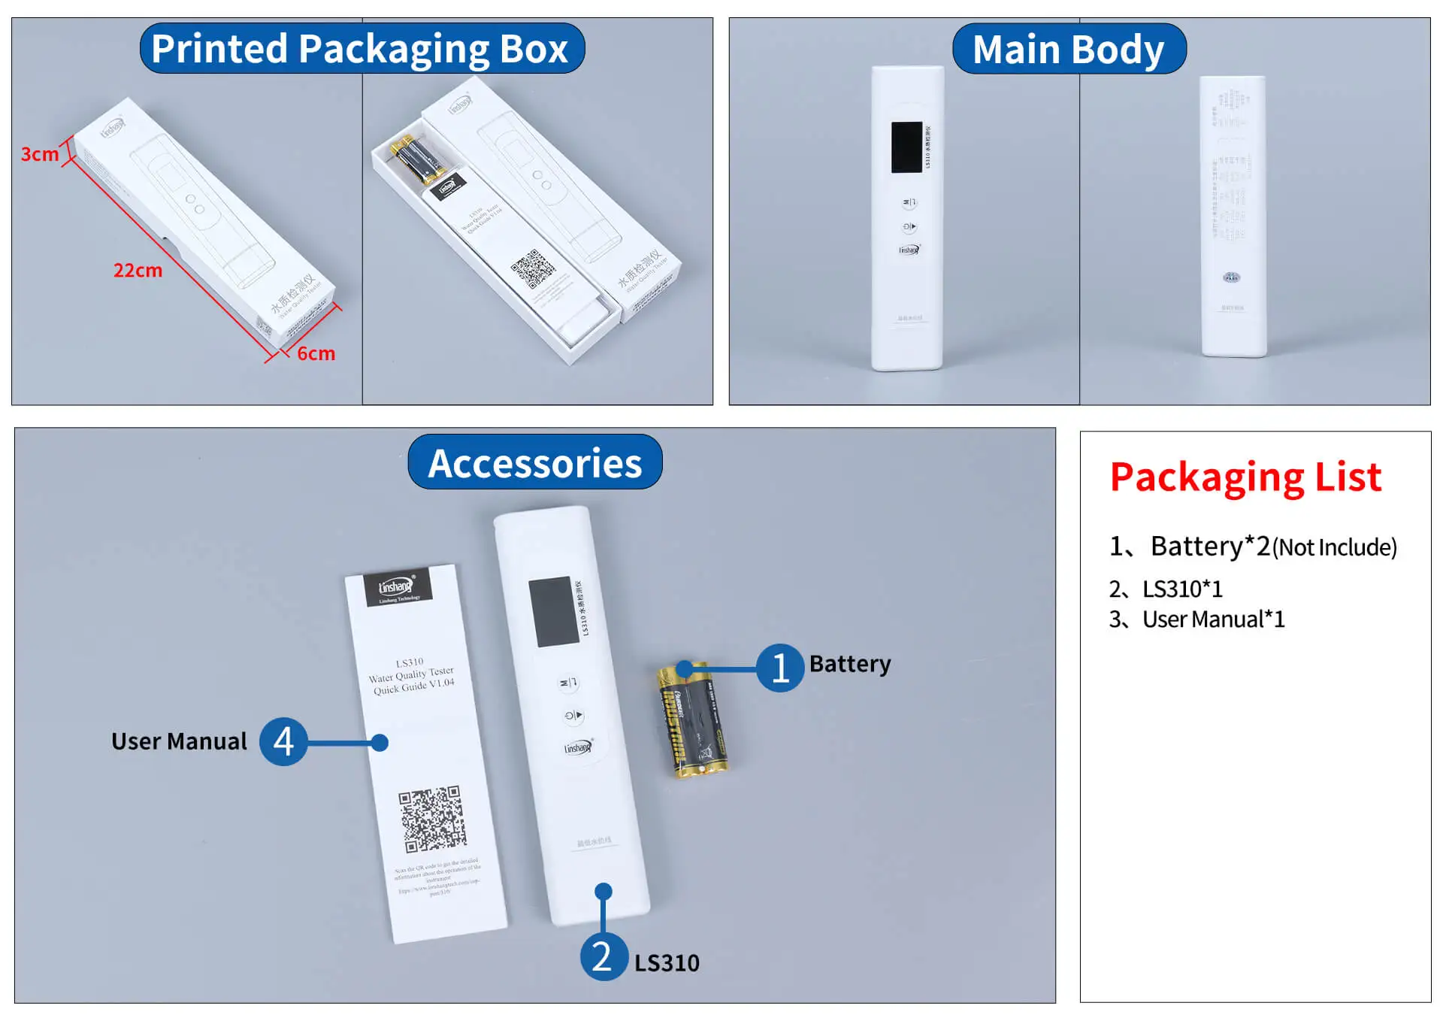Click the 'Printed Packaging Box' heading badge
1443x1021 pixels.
tap(362, 49)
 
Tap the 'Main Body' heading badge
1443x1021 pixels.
tap(1068, 50)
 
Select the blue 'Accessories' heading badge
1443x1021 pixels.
tap(534, 462)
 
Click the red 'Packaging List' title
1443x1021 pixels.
tap(1245, 477)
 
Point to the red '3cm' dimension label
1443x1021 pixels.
tap(39, 154)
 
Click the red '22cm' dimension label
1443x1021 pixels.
tap(138, 270)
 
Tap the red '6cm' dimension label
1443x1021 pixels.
tap(316, 353)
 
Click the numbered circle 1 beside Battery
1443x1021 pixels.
tap(779, 668)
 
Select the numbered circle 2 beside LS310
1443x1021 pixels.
tap(604, 956)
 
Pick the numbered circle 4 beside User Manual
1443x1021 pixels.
tap(283, 741)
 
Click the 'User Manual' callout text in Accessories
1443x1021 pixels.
tap(179, 741)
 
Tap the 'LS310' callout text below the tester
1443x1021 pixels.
tap(667, 963)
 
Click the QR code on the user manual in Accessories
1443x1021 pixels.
tap(431, 819)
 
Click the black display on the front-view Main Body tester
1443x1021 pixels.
tap(906, 147)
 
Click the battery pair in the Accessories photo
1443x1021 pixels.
tap(692, 720)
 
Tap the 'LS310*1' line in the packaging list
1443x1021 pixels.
tap(1182, 589)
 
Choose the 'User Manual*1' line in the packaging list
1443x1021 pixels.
tap(1213, 620)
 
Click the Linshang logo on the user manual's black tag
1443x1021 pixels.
tap(397, 587)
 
